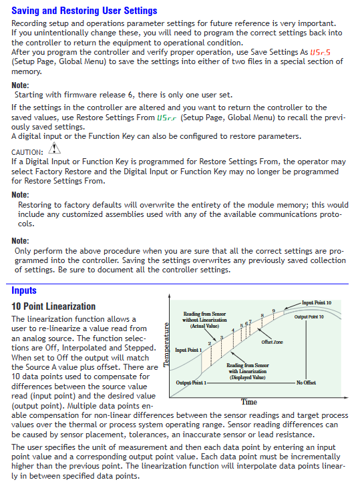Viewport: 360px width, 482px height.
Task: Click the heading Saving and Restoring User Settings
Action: coord(84,11)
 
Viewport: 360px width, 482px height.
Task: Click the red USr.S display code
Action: coord(320,52)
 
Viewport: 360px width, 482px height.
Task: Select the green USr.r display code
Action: coord(166,117)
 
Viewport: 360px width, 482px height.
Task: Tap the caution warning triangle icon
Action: coord(54,148)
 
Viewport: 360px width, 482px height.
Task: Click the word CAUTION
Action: coord(27,152)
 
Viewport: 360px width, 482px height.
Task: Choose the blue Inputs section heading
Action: coord(24,290)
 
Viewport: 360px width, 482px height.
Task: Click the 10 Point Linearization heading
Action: coord(53,306)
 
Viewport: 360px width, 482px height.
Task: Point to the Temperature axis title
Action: coord(166,344)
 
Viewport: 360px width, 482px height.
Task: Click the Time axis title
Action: coord(249,402)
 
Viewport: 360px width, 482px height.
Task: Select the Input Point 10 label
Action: coord(317,303)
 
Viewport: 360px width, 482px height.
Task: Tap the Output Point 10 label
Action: coord(309,317)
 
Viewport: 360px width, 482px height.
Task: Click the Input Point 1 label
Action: coord(188,350)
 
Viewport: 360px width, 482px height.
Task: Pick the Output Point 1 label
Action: coord(191,383)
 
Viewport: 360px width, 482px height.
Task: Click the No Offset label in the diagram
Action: coord(306,383)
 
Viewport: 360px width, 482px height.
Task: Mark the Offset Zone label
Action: coord(272,342)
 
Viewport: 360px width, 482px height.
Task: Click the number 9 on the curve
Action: coord(274,311)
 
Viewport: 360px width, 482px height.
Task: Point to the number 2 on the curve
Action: coord(210,343)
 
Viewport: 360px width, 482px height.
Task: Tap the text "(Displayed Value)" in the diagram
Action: coord(248,377)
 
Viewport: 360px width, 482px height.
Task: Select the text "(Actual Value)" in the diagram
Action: coord(204,326)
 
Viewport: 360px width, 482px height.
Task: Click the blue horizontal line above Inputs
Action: coord(178,284)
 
